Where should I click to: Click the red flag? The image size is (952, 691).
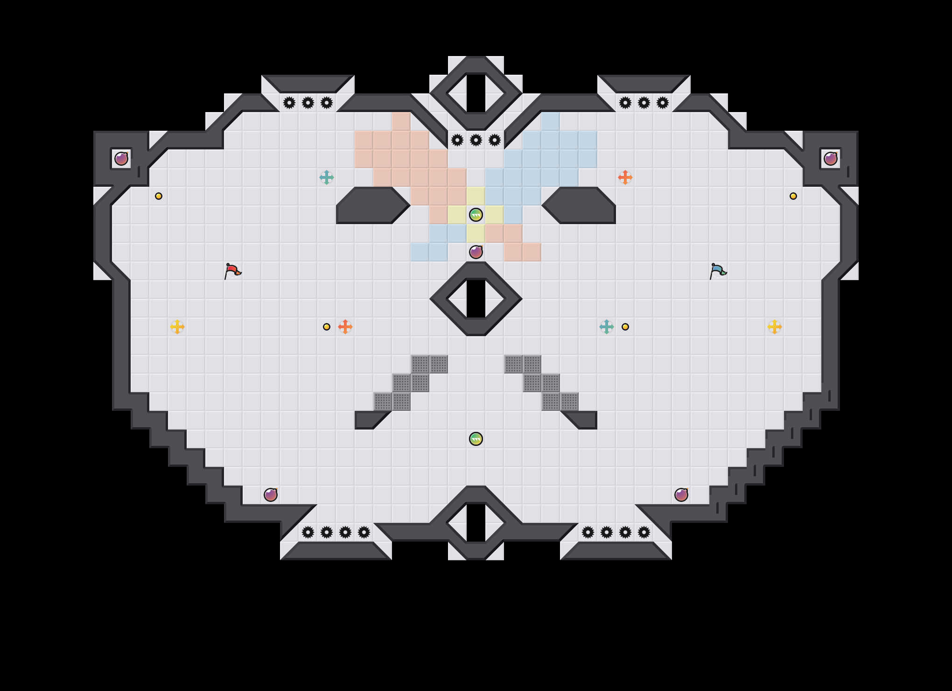point(232,270)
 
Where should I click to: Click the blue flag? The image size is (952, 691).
point(717,270)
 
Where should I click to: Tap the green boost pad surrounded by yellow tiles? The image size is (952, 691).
point(476,215)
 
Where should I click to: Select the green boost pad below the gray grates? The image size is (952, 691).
point(476,439)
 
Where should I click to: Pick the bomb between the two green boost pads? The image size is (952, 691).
point(476,252)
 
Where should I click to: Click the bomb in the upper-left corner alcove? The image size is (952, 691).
point(121,159)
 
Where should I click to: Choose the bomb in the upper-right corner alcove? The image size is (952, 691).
point(830,159)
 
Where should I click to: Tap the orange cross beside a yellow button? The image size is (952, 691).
point(345,327)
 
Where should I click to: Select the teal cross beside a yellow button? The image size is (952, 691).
point(606,327)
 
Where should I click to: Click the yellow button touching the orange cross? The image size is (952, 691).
point(327,327)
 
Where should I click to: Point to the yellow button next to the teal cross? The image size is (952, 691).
point(625,327)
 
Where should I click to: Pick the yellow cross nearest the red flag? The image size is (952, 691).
point(177,327)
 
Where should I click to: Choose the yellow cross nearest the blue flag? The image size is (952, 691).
point(774,327)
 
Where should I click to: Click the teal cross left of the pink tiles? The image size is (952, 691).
point(327,177)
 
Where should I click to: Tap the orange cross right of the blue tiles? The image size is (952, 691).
point(625,177)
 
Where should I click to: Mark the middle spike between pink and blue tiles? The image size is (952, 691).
point(476,140)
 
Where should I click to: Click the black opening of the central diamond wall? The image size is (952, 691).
point(476,299)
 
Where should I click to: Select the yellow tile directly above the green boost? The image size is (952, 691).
point(476,196)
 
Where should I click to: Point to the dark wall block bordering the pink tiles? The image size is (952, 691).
point(371,205)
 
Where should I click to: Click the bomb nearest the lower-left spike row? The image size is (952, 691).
point(271,495)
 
